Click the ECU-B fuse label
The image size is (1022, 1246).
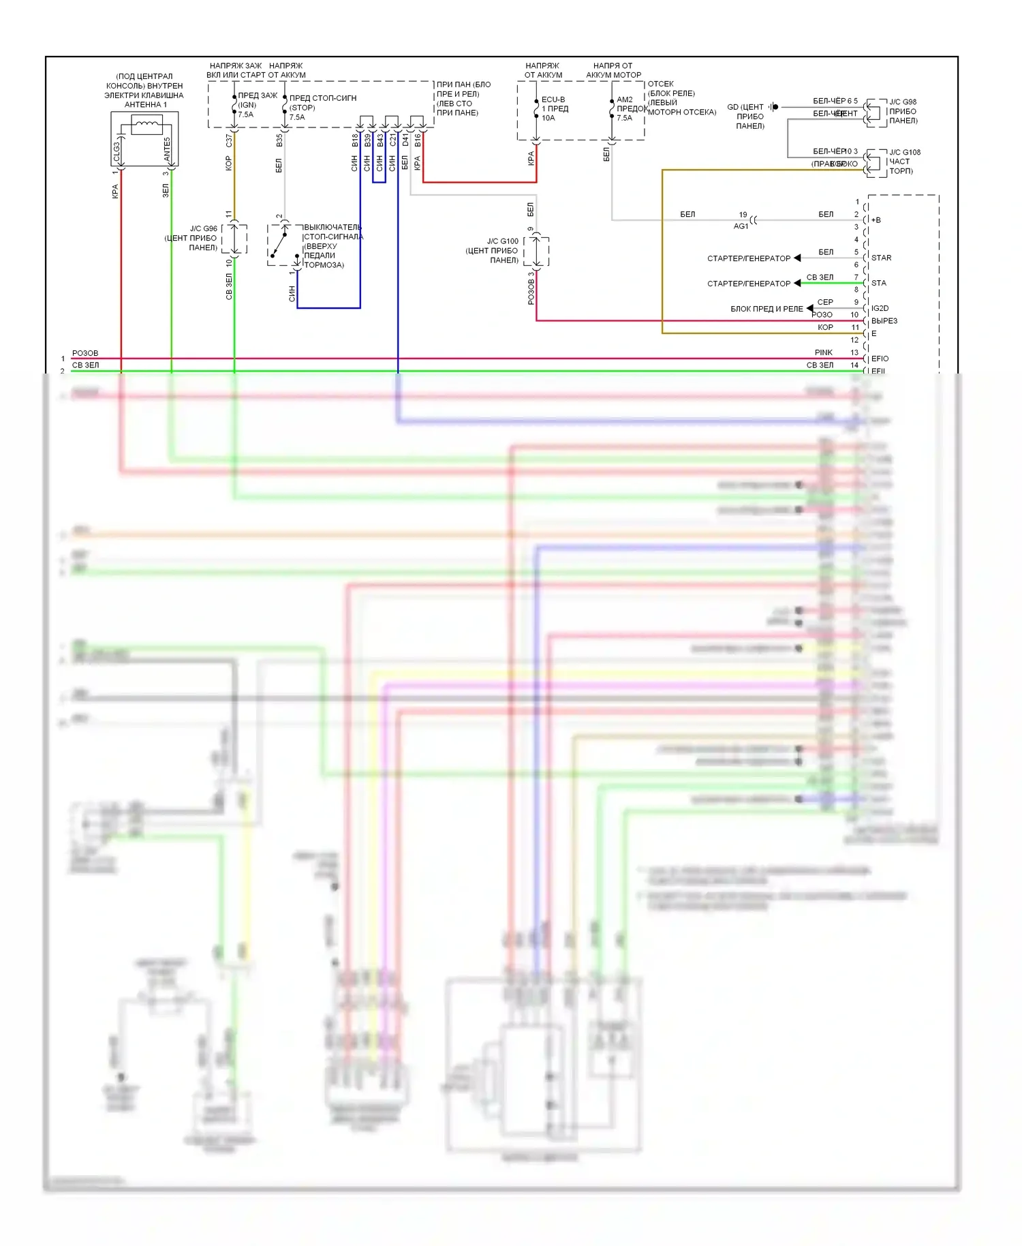pyautogui.click(x=553, y=100)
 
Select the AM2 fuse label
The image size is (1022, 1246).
pyautogui.click(x=624, y=100)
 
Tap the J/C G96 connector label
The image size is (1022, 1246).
pyautogui.click(x=203, y=229)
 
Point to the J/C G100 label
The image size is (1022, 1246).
pyautogui.click(x=502, y=241)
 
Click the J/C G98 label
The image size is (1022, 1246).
pyautogui.click(x=903, y=102)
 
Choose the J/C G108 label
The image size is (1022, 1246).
pyautogui.click(x=905, y=153)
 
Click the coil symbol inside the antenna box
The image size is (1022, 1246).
pyautogui.click(x=146, y=125)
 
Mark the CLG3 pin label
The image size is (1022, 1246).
pyautogui.click(x=117, y=150)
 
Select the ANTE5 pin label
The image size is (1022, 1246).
pyautogui.click(x=167, y=149)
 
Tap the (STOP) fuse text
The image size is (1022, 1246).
pyautogui.click(x=302, y=108)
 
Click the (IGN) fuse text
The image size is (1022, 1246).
pyautogui.click(x=247, y=105)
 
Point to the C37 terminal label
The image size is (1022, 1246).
pyautogui.click(x=229, y=140)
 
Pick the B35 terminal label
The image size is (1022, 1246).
pyautogui.click(x=279, y=140)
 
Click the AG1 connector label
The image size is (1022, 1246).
pyautogui.click(x=741, y=226)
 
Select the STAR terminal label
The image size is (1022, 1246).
pyautogui.click(x=881, y=258)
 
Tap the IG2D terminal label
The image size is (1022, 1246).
pyautogui.click(x=880, y=309)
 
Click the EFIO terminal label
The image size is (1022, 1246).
pyautogui.click(x=880, y=359)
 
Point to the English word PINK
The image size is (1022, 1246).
pyautogui.click(x=823, y=353)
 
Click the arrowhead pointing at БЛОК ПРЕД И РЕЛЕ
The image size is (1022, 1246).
pyautogui.click(x=809, y=309)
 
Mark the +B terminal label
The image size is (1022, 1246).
pyautogui.click(x=876, y=220)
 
